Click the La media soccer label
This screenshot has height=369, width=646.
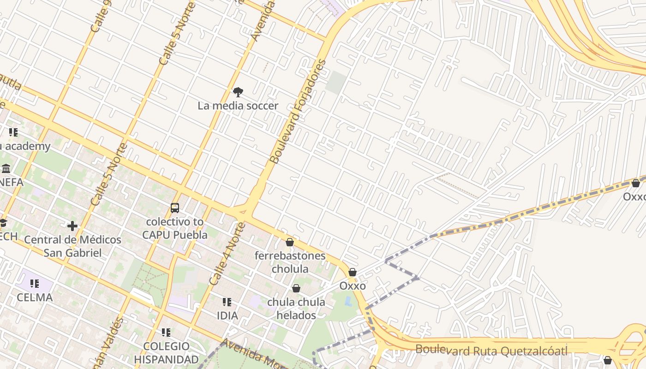click(238, 106)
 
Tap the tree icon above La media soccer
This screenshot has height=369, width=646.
click(238, 92)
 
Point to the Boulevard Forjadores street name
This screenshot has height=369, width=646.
click(298, 112)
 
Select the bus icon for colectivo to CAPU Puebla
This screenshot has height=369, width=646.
click(175, 208)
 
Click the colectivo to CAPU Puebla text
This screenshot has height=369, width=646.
click(175, 228)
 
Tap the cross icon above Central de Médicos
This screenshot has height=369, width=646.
click(72, 226)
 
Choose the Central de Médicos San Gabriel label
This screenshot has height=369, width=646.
click(72, 246)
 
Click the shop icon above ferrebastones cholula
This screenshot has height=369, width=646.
click(290, 242)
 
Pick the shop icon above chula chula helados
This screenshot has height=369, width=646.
click(296, 289)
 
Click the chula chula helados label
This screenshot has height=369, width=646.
click(296, 309)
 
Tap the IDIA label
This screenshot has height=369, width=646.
click(227, 316)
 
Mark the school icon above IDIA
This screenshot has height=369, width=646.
click(227, 302)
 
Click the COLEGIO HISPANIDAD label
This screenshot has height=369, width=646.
click(166, 353)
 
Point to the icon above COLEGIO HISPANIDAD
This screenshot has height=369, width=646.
click(166, 333)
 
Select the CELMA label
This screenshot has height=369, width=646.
click(35, 298)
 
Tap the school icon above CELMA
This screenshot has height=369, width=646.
click(35, 284)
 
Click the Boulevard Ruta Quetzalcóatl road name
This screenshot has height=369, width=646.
click(491, 350)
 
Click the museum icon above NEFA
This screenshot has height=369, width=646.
click(6, 168)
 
